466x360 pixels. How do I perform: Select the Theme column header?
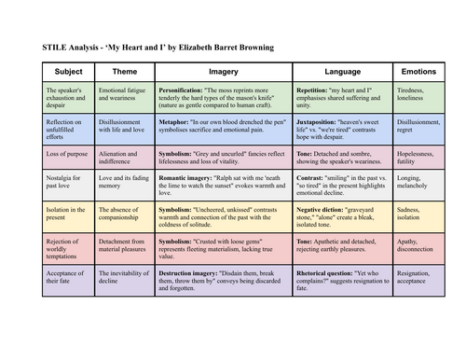click(124, 72)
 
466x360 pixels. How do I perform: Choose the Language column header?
click(341, 72)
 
